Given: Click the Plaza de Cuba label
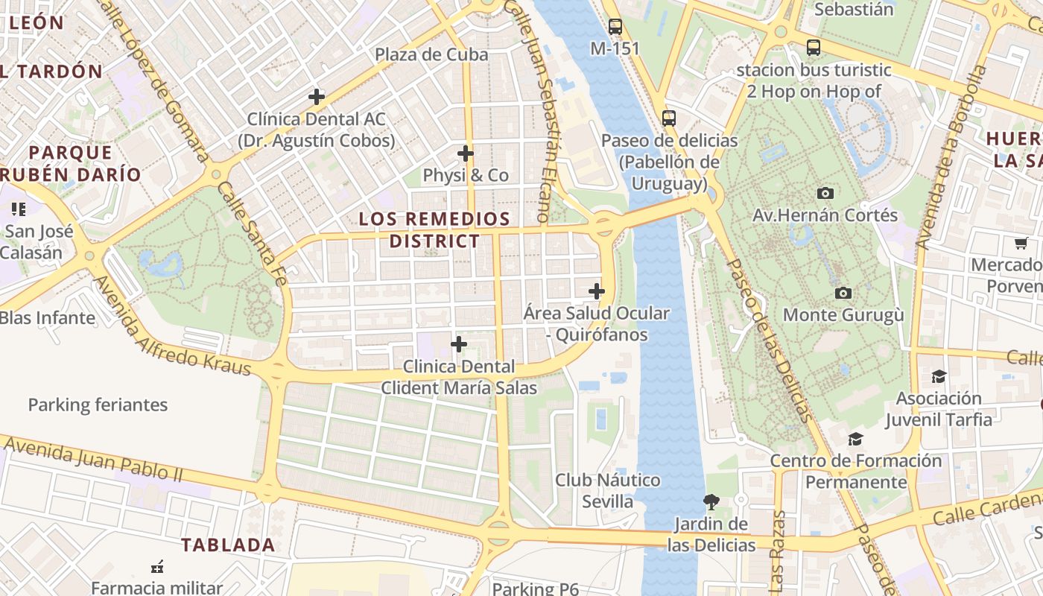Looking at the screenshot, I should tap(431, 54).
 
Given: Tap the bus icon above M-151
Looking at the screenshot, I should tap(615, 27).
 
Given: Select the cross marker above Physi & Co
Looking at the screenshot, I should tap(466, 153).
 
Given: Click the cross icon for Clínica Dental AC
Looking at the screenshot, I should tap(317, 96).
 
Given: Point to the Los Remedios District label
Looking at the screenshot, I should tap(434, 229).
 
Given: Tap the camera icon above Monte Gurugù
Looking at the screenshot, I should tap(843, 293).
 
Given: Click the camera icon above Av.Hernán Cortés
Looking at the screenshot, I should tap(825, 193).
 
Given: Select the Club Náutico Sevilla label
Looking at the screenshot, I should tap(607, 490).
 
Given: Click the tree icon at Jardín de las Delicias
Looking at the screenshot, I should tap(711, 501).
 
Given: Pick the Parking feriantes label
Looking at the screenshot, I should tap(98, 405).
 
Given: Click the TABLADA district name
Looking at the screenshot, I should tap(228, 545).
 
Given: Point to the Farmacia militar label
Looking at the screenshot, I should tap(157, 587).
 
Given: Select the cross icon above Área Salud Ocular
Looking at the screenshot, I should tap(597, 291).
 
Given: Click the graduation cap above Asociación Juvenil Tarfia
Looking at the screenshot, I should tap(939, 376).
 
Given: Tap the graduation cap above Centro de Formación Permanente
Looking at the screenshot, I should tap(855, 439).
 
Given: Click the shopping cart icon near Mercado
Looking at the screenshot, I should tap(1021, 243).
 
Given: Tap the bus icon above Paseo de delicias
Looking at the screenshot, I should tap(669, 118).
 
